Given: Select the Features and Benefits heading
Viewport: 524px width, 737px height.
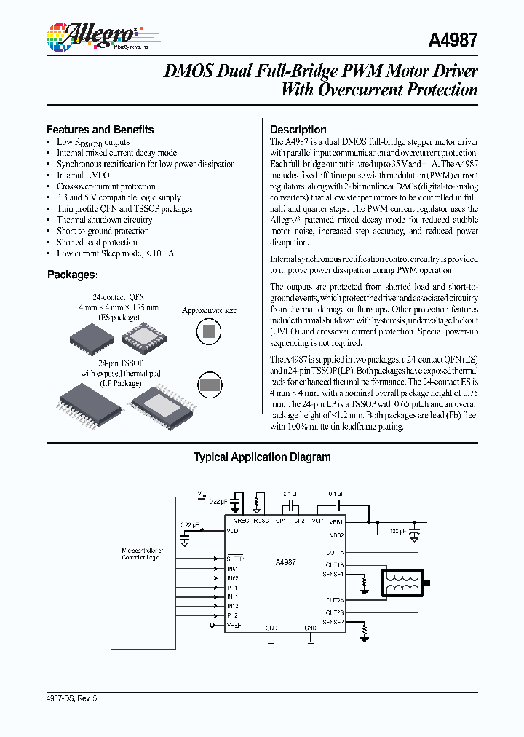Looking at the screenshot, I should click(x=100, y=130).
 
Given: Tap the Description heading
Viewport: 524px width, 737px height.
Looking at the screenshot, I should click(x=298, y=130).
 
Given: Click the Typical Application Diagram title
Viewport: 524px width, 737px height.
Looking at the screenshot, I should click(x=262, y=457).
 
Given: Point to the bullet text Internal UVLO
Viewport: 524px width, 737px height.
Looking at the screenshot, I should click(x=84, y=176).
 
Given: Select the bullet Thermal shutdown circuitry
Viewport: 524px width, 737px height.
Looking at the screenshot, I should click(x=105, y=220).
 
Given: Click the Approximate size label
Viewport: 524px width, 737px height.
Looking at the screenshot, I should click(x=209, y=310).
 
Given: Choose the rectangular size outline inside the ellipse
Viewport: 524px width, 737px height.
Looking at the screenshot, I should click(x=210, y=385).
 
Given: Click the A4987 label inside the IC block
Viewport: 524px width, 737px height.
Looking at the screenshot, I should click(x=285, y=562).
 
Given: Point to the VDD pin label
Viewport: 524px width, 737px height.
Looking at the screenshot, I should click(x=232, y=532).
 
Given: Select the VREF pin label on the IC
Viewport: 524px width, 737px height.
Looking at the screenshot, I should click(x=234, y=625).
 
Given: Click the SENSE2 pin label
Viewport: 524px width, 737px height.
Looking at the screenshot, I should click(x=333, y=623).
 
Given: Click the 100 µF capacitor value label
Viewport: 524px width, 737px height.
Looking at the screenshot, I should click(x=399, y=531).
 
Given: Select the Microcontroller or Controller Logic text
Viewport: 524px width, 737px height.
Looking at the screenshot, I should click(x=143, y=554).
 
